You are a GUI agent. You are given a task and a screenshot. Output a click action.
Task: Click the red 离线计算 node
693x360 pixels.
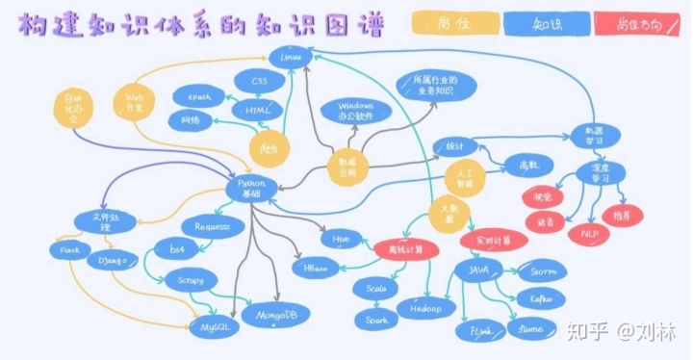pos(405,249)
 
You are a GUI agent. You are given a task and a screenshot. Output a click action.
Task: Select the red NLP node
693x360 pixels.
pos(582,233)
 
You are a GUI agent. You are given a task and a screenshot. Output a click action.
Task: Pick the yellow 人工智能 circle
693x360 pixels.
pos(464,175)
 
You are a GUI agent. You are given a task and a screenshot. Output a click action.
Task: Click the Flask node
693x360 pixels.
pos(69,250)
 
